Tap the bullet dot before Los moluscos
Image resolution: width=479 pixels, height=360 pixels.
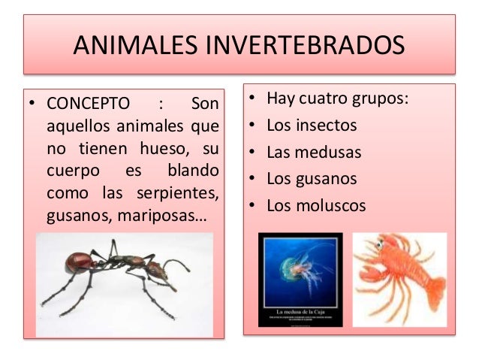click(x=254, y=206)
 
